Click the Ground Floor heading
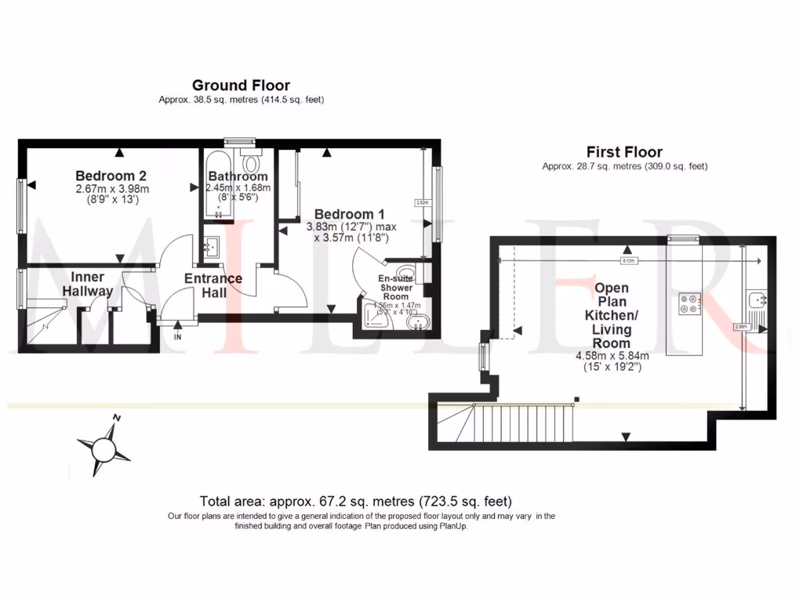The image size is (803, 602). coord(241,85)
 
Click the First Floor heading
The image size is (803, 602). coord(624,152)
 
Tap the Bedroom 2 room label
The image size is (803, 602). coord(111,176)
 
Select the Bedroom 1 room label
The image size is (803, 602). coord(349,214)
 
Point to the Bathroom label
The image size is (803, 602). coord(237,176)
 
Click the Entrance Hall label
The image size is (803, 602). coord(213,285)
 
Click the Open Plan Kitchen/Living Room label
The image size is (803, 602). coord(611,315)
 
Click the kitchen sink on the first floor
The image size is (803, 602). coord(758,299)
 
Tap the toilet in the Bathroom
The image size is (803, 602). coord(252,163)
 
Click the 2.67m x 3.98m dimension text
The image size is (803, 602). coord(112,189)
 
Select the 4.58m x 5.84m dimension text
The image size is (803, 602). coord(613,356)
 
